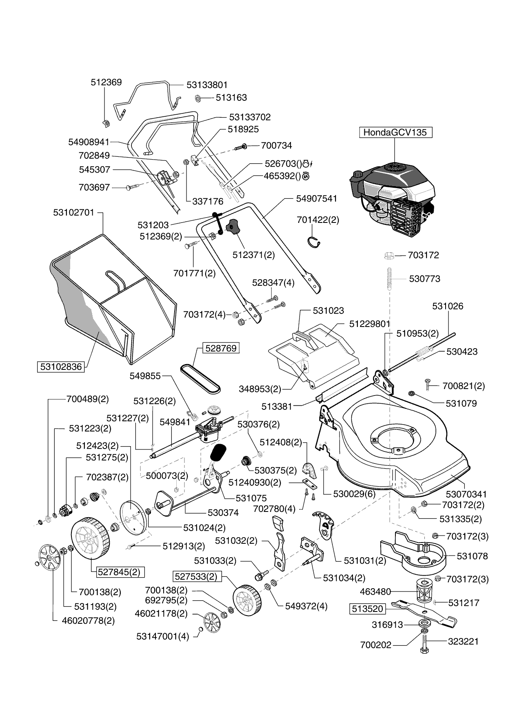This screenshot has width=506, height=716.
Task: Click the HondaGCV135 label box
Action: tap(395, 132)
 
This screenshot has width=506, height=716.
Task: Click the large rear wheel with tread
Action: tap(90, 538)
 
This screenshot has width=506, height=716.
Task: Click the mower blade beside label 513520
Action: tap(424, 614)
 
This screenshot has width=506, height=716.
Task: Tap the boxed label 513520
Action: tap(367, 609)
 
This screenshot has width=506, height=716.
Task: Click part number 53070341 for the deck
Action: tap(466, 494)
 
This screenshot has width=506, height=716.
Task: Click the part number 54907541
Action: tap(317, 198)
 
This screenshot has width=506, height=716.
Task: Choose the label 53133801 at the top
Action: tap(207, 85)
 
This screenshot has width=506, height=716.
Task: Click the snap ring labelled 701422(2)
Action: tap(314, 242)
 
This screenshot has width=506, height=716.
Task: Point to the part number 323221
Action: tap(463, 641)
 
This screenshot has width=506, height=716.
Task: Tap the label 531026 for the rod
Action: tap(448, 306)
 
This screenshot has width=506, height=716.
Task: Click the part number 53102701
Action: tap(73, 213)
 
